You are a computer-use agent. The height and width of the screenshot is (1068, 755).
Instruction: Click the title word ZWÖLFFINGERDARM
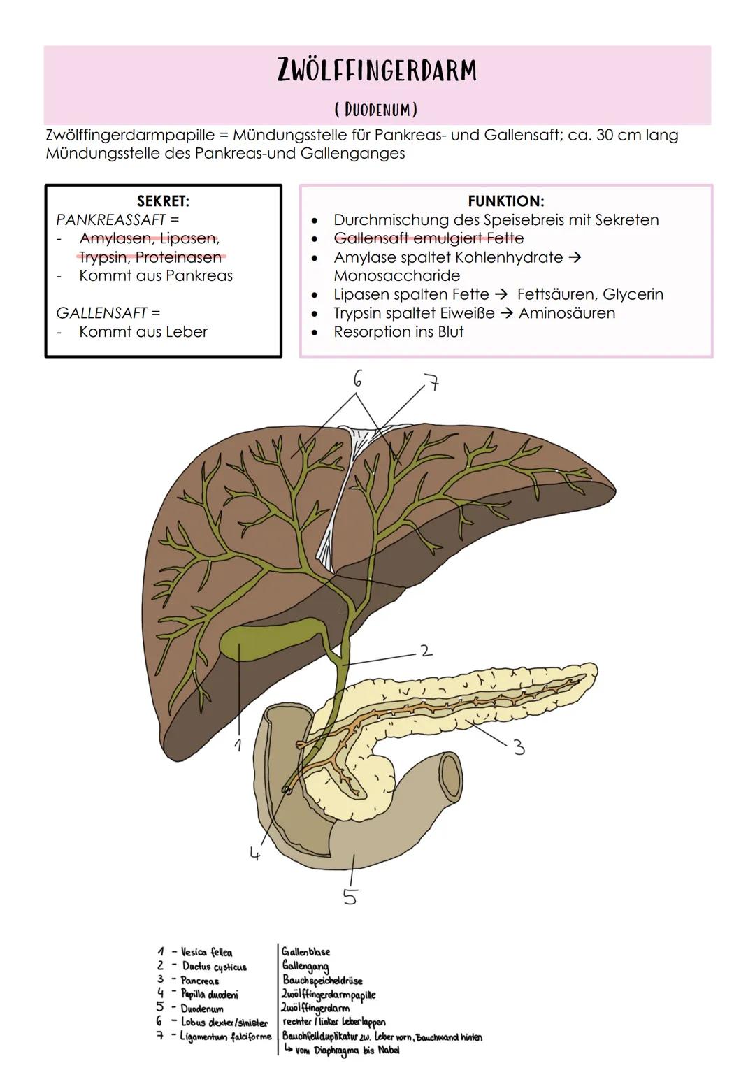377,71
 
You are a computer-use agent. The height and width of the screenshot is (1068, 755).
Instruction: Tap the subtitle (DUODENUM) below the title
376,110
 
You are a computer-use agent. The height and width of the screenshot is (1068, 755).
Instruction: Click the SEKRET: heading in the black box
163,201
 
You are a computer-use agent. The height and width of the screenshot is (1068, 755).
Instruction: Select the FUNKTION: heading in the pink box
505,201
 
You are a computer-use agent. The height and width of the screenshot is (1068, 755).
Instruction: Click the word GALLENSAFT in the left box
102,312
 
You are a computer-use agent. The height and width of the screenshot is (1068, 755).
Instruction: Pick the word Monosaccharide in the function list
396,275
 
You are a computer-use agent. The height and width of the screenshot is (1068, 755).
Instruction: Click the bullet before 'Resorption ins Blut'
315,333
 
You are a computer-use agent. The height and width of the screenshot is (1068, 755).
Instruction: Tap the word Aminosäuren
566,313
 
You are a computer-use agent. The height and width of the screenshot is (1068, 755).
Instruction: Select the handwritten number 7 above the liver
433,383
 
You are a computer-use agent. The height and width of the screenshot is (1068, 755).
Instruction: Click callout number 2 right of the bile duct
426,651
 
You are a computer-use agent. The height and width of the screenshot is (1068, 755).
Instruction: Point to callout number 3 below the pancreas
518,748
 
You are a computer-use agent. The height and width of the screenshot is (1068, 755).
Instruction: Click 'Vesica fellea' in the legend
206,952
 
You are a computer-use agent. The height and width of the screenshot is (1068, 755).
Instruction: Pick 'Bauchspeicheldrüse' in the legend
322,980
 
